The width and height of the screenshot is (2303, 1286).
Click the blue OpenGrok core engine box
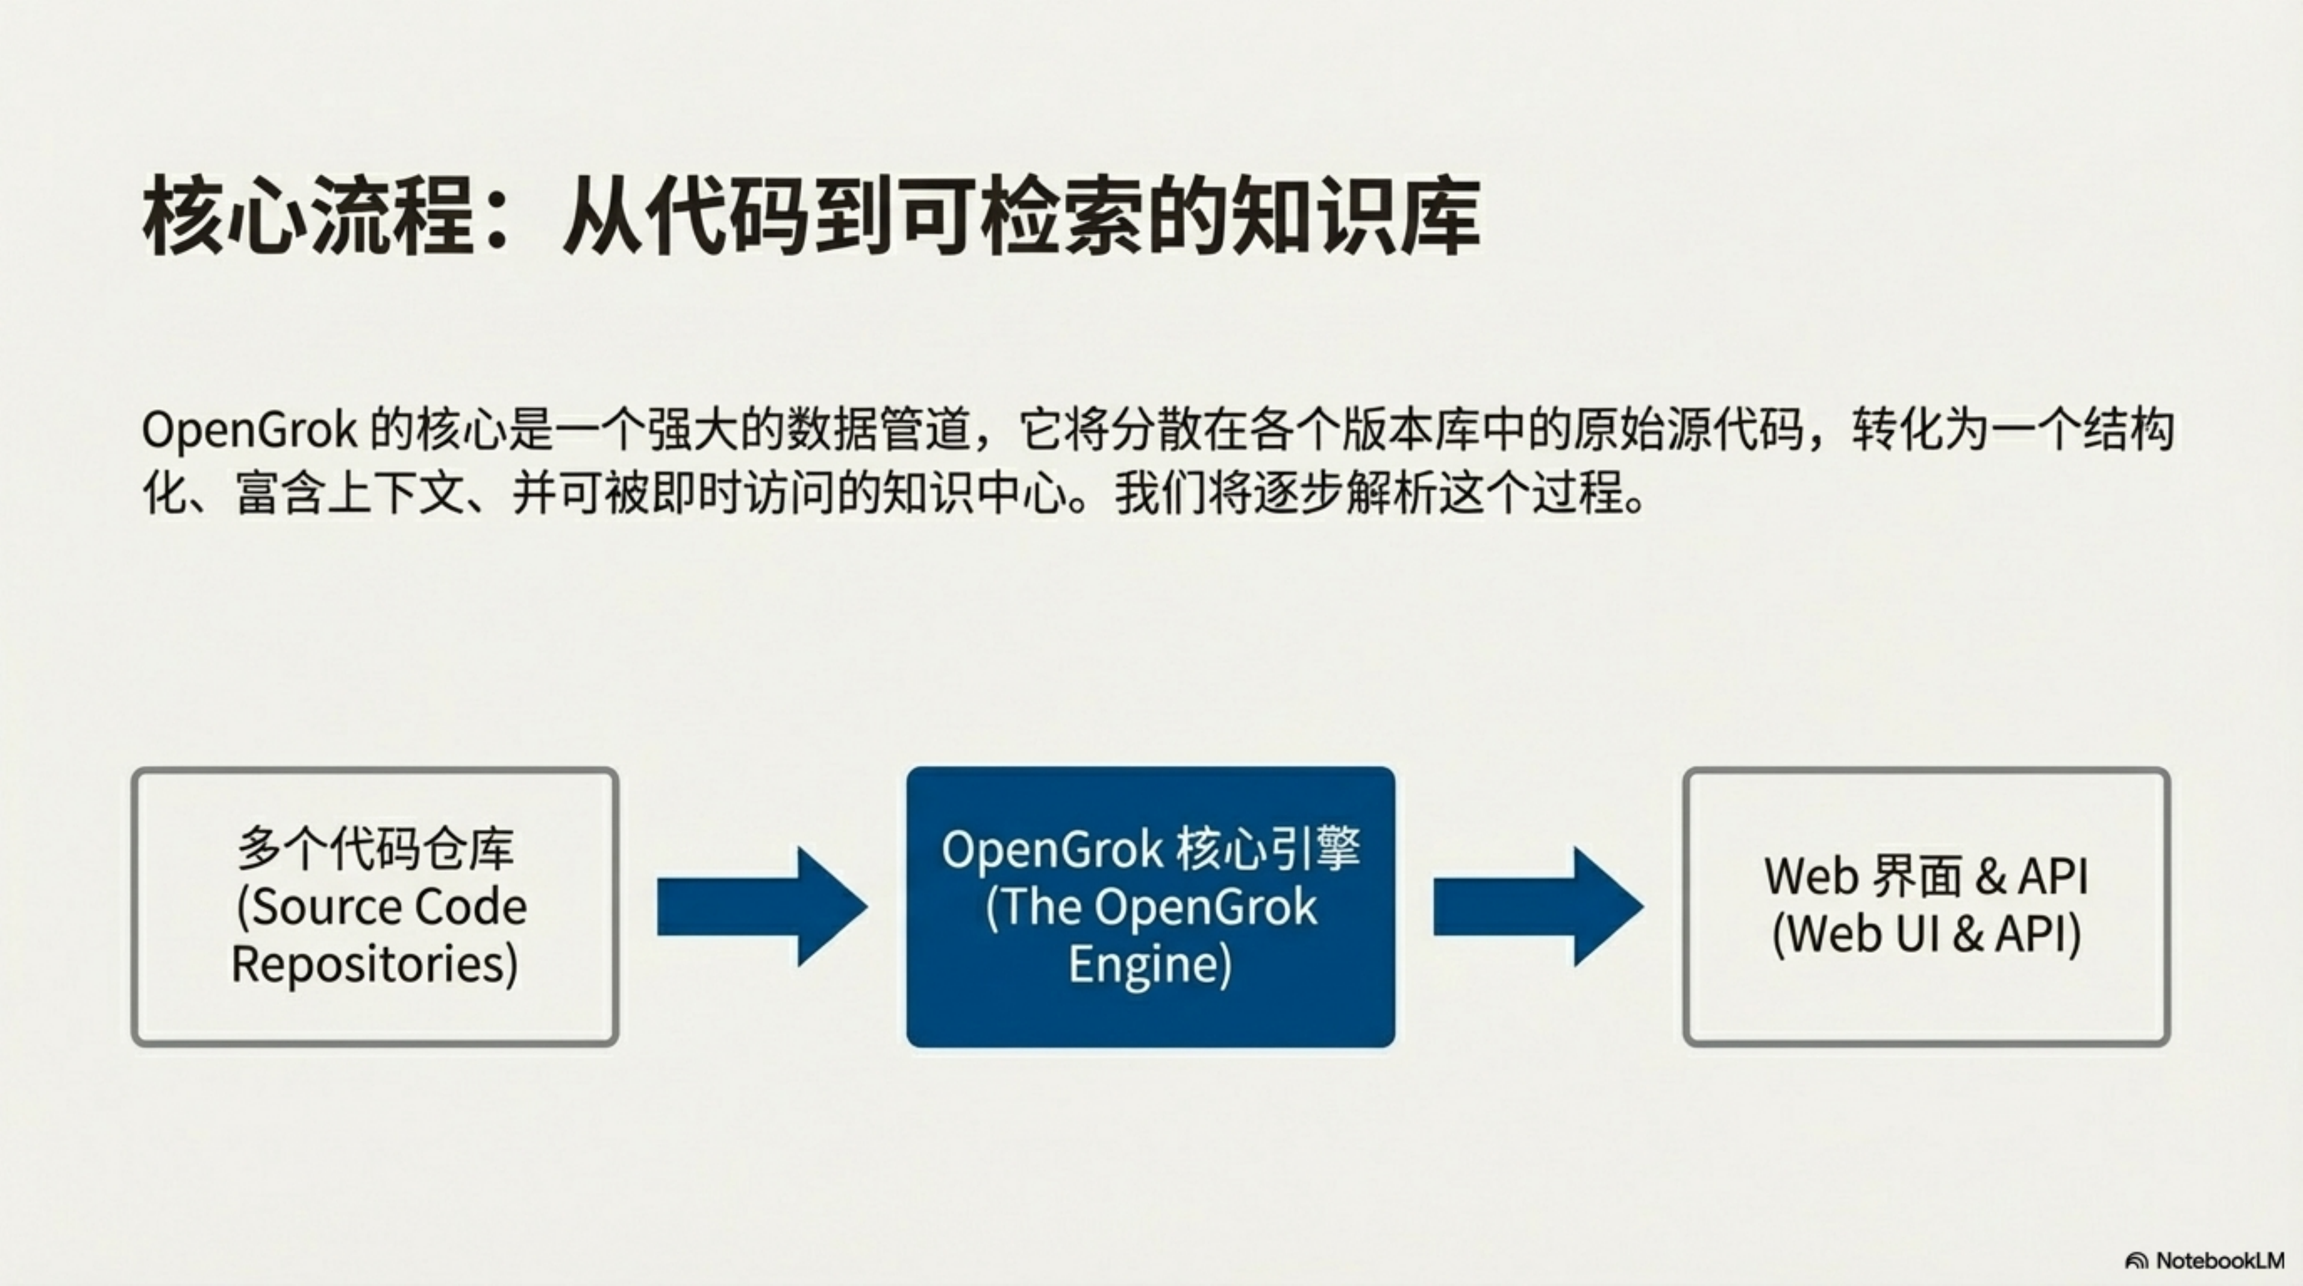[1151, 907]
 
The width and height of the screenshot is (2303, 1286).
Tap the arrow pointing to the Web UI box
[1539, 907]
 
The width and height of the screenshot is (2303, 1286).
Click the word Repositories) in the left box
[375, 965]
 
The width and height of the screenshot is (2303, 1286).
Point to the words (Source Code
[381, 907]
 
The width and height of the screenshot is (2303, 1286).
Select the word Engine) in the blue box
[1151, 965]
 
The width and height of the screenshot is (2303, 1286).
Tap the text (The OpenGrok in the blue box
[1151, 907]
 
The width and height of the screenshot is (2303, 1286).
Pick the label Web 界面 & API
[1926, 876]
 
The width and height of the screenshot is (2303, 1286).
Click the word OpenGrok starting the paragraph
[249, 431]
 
